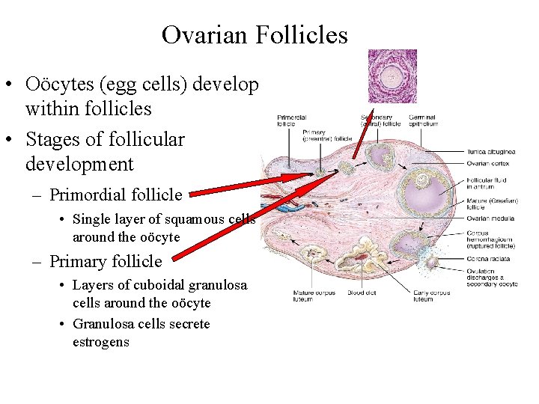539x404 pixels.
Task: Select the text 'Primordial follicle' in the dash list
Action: coord(115,195)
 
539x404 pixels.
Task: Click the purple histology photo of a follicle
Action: coord(392,76)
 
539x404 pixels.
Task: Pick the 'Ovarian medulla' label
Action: coord(490,218)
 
